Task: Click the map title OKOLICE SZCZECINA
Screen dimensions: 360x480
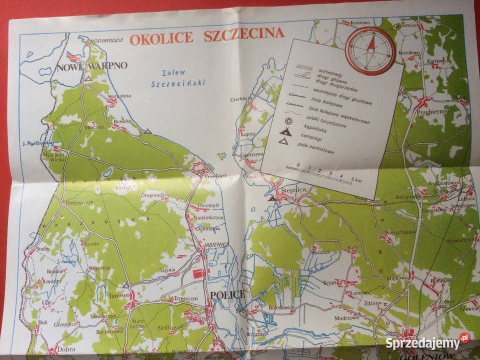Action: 207,36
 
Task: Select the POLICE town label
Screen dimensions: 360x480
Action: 228,294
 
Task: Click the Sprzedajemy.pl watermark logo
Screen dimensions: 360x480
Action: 427,342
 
